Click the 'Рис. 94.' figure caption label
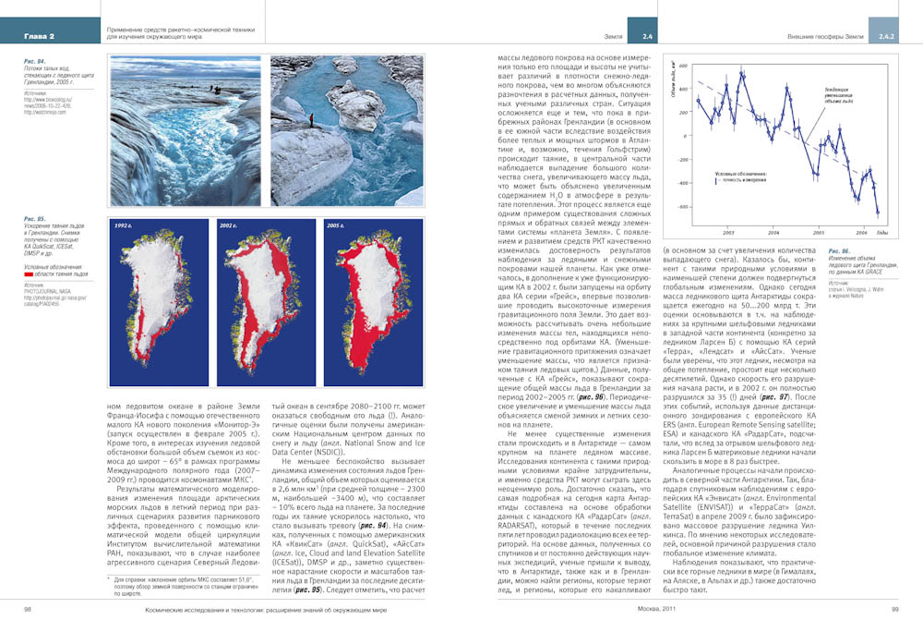click(35, 61)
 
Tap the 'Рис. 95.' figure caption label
click(35, 219)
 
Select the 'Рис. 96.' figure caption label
click(840, 251)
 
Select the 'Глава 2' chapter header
click(40, 36)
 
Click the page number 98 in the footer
click(28, 609)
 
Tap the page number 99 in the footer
click(894, 609)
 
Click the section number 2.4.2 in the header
click(886, 36)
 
